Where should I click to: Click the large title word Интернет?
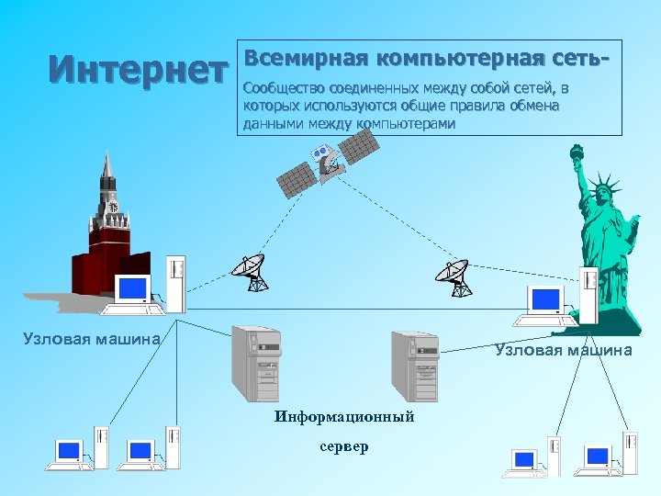pyautogui.click(x=139, y=70)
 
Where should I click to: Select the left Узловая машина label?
pyautogui.click(x=91, y=339)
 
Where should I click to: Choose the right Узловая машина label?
pyautogui.click(x=564, y=350)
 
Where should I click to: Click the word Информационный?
pyautogui.click(x=344, y=417)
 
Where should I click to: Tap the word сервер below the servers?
pyautogui.click(x=344, y=447)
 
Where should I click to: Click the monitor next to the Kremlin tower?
pyautogui.click(x=133, y=289)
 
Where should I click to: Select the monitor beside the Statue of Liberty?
pyautogui.click(x=545, y=299)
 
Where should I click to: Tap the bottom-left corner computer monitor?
pyautogui.click(x=70, y=451)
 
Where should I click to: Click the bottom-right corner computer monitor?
pyautogui.click(x=597, y=457)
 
